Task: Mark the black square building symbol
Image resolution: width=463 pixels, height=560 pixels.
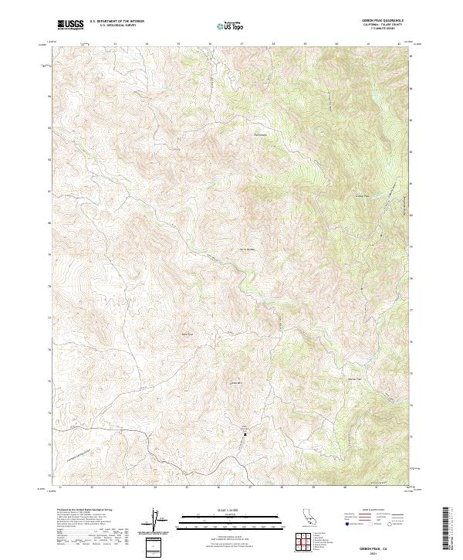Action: [x=245, y=433]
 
